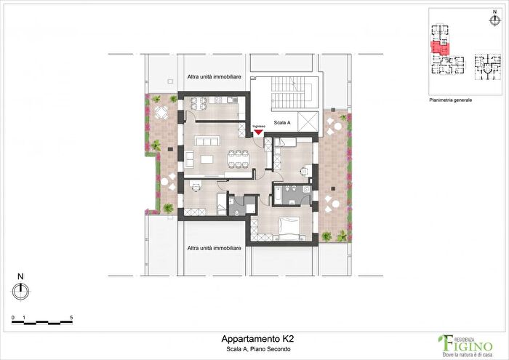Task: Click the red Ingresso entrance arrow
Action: pos(258,132)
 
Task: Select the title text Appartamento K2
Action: pos(257,338)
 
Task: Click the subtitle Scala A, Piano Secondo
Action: pos(257,350)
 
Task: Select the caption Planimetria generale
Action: pos(451,100)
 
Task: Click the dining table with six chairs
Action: pos(238,156)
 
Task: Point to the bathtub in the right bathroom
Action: pos(281,194)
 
